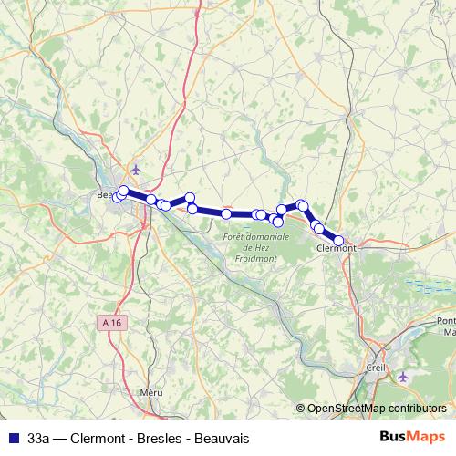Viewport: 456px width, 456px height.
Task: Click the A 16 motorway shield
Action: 111,322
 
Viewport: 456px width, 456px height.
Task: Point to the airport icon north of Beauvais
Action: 137,169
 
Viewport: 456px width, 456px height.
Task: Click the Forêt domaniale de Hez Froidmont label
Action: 255,247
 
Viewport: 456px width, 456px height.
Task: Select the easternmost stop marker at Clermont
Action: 339,241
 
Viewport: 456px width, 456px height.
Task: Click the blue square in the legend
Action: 13,439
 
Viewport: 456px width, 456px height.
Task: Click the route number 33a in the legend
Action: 39,439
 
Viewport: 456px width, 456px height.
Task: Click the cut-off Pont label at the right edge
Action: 446,320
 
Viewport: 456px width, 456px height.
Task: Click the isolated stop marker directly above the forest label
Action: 226,213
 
